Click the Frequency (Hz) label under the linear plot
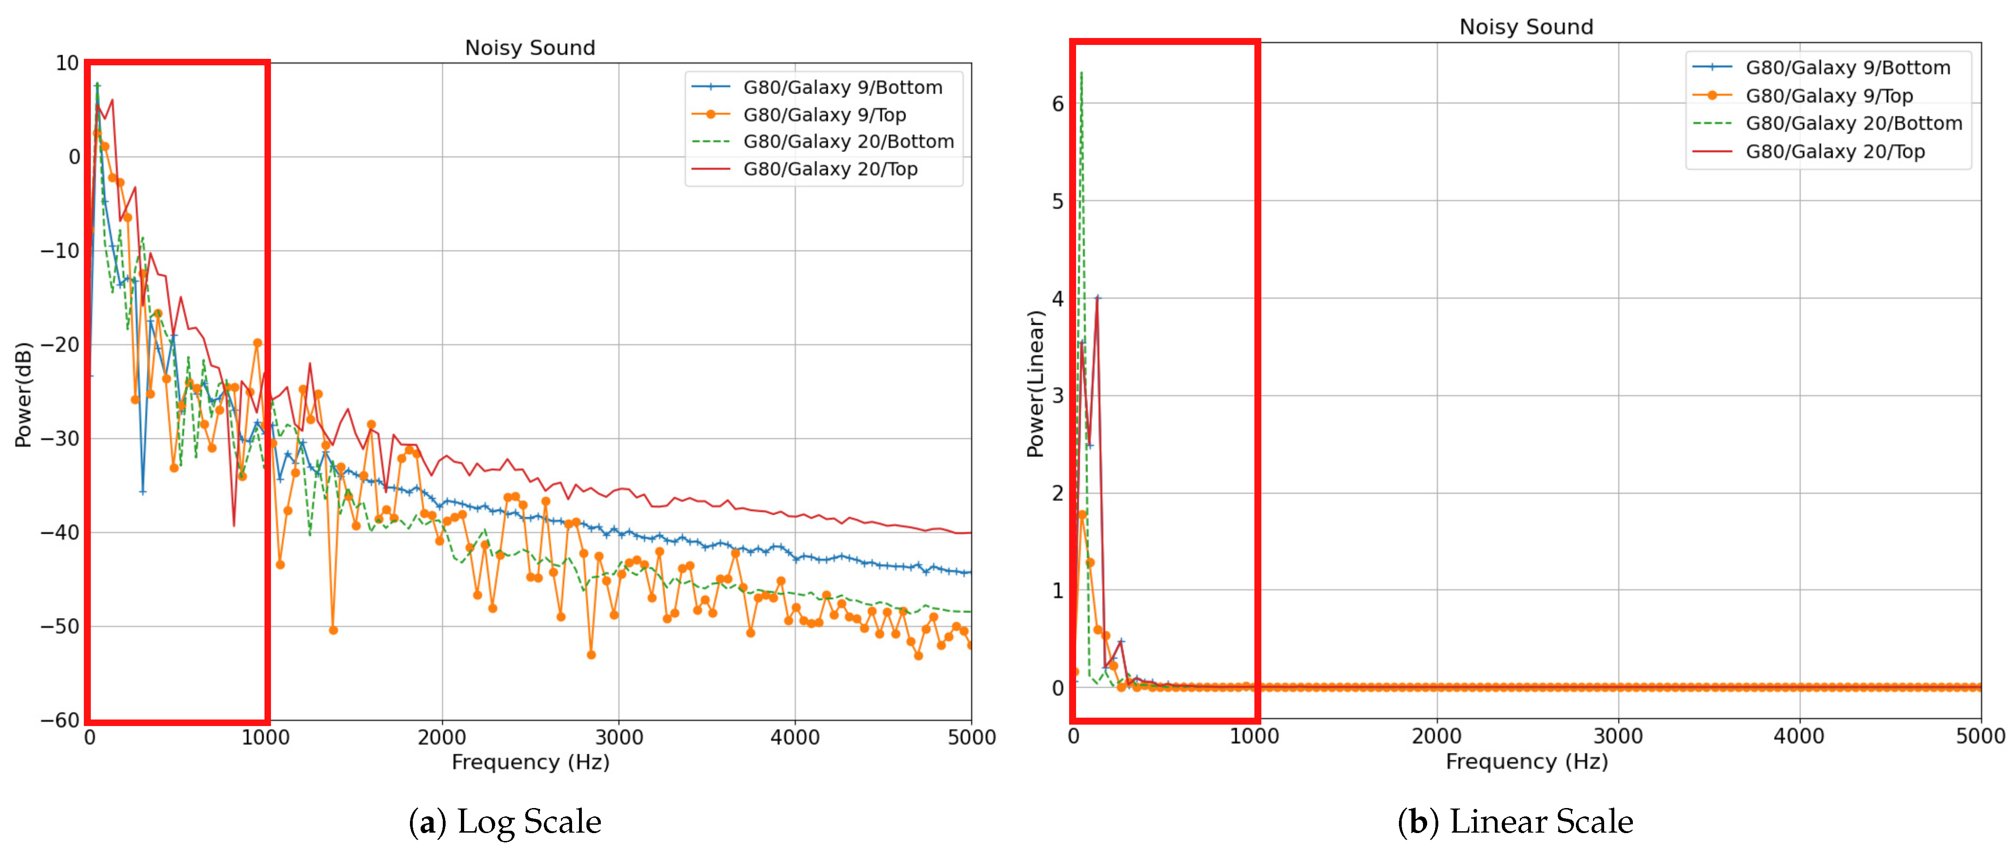point(1526,761)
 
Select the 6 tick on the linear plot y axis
point(1058,103)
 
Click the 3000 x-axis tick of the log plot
point(619,737)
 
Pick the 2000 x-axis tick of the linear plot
point(1436,736)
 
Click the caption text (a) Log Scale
point(505,821)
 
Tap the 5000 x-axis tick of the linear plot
point(1980,736)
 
